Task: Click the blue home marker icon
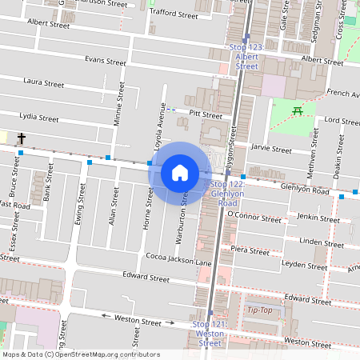180,172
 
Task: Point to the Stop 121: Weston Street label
210,333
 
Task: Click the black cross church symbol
22,139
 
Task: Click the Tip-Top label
260,310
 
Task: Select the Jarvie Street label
271,149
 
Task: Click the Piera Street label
249,250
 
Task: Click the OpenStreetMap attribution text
80,354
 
